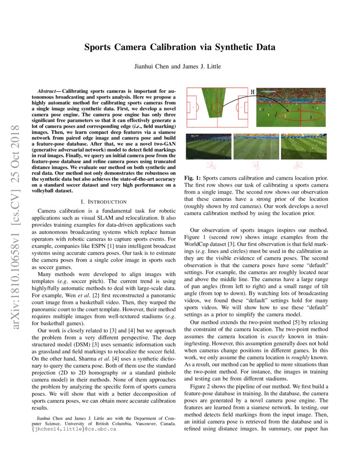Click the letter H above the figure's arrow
(253, 92)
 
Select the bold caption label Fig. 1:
(193, 178)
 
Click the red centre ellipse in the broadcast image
(301, 115)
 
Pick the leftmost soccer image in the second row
(209, 147)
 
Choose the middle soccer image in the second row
(256, 147)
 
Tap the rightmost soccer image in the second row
(303, 147)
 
